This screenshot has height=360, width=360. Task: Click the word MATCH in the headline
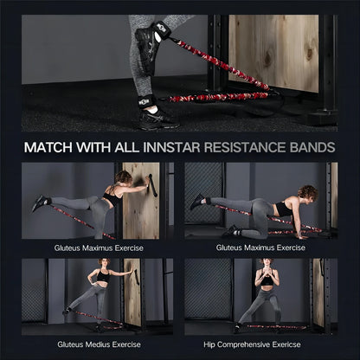[48, 147]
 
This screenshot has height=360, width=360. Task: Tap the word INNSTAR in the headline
[171, 147]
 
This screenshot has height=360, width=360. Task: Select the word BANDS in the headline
[312, 147]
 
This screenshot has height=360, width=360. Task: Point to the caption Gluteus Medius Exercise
[99, 344]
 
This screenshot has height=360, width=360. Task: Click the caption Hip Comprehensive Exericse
[252, 344]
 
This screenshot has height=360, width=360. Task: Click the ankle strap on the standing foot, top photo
[147, 101]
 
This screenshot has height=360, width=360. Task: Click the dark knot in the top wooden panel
[268, 58]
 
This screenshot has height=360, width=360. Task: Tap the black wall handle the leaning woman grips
[152, 185]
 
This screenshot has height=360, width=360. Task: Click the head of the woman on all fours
[308, 193]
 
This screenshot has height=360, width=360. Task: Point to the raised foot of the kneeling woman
[198, 201]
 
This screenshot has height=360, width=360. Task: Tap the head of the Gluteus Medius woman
[104, 262]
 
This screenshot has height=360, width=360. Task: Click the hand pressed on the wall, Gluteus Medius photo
[132, 271]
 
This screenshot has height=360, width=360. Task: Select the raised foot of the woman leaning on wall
[41, 202]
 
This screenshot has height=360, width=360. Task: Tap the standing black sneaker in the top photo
[157, 119]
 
